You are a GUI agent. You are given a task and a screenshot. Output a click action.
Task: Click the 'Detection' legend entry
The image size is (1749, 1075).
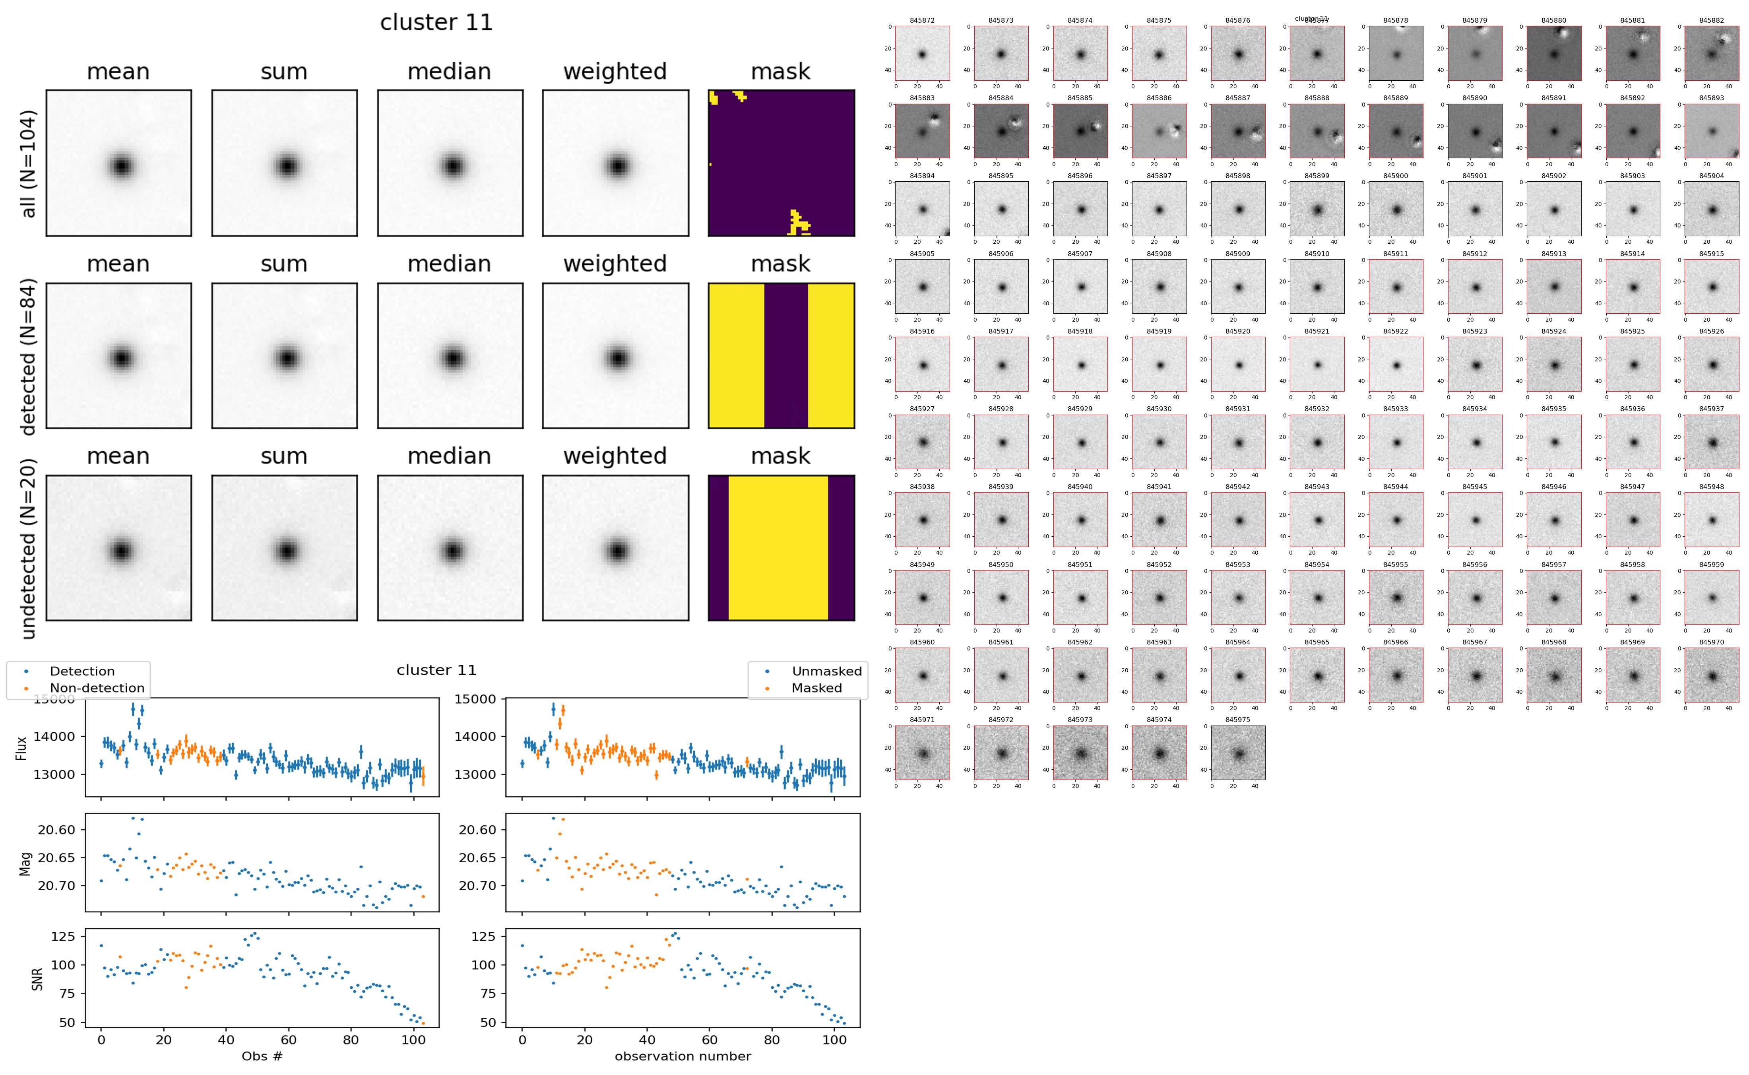82,671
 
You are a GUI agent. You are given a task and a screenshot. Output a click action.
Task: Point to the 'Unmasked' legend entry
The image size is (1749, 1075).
826,671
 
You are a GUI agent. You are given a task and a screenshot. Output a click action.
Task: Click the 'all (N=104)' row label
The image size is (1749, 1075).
29,163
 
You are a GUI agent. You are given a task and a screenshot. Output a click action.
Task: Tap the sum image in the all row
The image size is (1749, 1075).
284,163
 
